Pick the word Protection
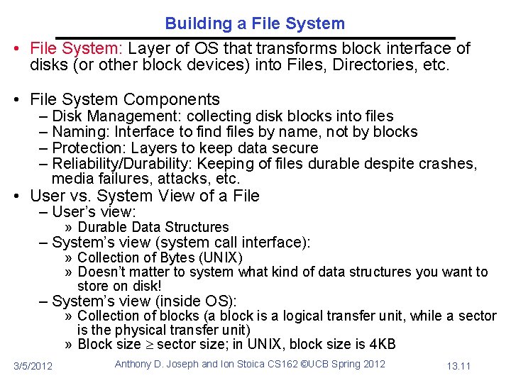click(x=89, y=148)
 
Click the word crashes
click(x=450, y=164)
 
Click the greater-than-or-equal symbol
click(x=148, y=345)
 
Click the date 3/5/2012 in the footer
click(x=33, y=365)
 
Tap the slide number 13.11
click(x=458, y=365)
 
